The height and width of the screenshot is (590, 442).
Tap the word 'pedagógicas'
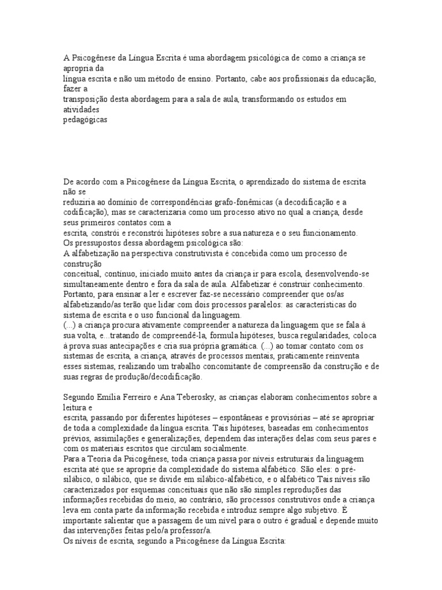(x=85, y=120)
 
